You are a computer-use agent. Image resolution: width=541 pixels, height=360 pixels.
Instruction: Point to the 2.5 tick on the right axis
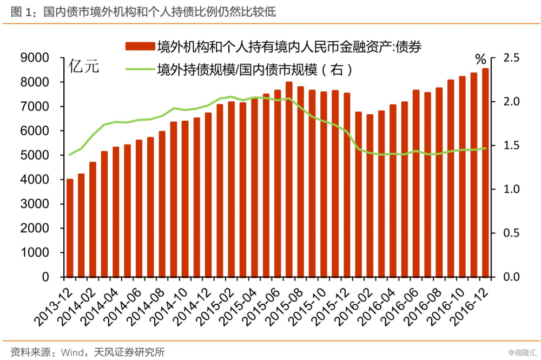pos(511,58)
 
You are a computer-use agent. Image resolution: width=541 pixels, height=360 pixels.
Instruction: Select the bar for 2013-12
pos(70,227)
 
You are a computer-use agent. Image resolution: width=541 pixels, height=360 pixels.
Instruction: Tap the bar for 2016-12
pos(485,172)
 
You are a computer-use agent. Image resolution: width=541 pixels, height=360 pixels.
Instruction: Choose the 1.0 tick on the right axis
pos(511,189)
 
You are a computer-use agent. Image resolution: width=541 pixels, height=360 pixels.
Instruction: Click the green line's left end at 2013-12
pos(70,155)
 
